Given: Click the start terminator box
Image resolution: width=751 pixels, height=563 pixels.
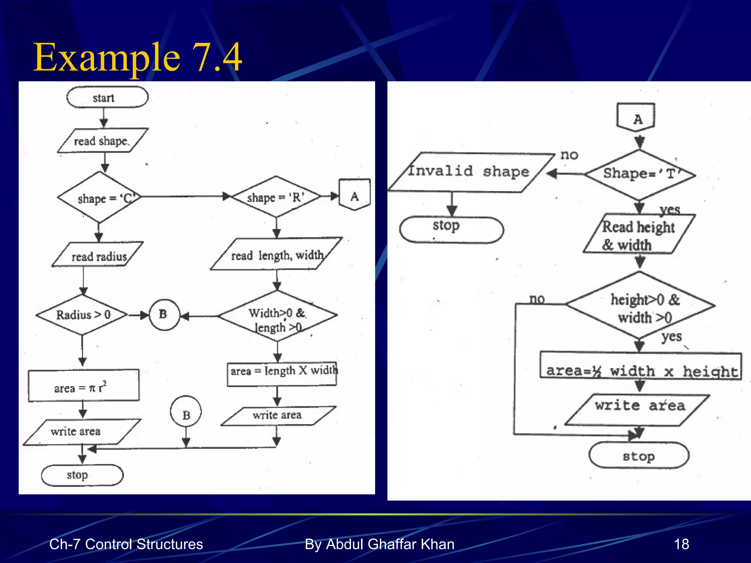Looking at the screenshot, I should pyautogui.click(x=107, y=97).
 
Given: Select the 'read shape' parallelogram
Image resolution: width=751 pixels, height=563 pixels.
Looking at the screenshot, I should pyautogui.click(x=102, y=141).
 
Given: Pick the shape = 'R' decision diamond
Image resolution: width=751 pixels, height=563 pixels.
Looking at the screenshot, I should pyautogui.click(x=276, y=197).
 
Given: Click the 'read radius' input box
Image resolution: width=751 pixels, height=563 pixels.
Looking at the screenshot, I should pyautogui.click(x=98, y=255).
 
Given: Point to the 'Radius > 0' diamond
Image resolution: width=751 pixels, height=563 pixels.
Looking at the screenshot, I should pyautogui.click(x=83, y=315).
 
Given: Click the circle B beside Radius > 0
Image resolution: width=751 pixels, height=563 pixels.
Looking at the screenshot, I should pyautogui.click(x=164, y=315).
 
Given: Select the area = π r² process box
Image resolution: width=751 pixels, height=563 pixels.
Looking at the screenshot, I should pyautogui.click(x=84, y=386).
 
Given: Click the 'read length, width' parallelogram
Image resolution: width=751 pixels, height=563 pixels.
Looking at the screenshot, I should pyautogui.click(x=276, y=255).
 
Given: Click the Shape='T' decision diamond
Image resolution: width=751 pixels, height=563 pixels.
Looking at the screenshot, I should pyautogui.click(x=640, y=174).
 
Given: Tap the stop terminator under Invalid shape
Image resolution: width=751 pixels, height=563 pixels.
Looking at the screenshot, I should pyautogui.click(x=451, y=230).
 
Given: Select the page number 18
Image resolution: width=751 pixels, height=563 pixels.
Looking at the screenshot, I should pyautogui.click(x=681, y=544).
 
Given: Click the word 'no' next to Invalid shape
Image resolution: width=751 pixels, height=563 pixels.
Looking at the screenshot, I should pyautogui.click(x=569, y=155).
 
